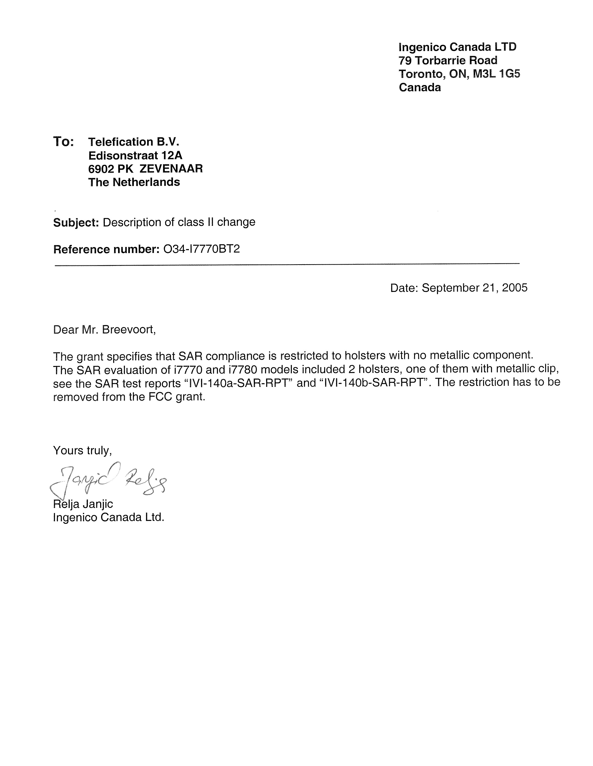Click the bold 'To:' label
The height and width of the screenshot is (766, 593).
pos(63,142)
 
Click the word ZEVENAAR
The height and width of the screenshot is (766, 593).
pos(171,169)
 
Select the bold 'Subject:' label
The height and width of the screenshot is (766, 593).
pos(76,222)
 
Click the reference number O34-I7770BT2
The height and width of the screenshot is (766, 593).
pos(202,249)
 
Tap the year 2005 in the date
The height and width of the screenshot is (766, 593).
pos(514,288)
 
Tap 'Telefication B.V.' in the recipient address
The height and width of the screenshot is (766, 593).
pos(134,142)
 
